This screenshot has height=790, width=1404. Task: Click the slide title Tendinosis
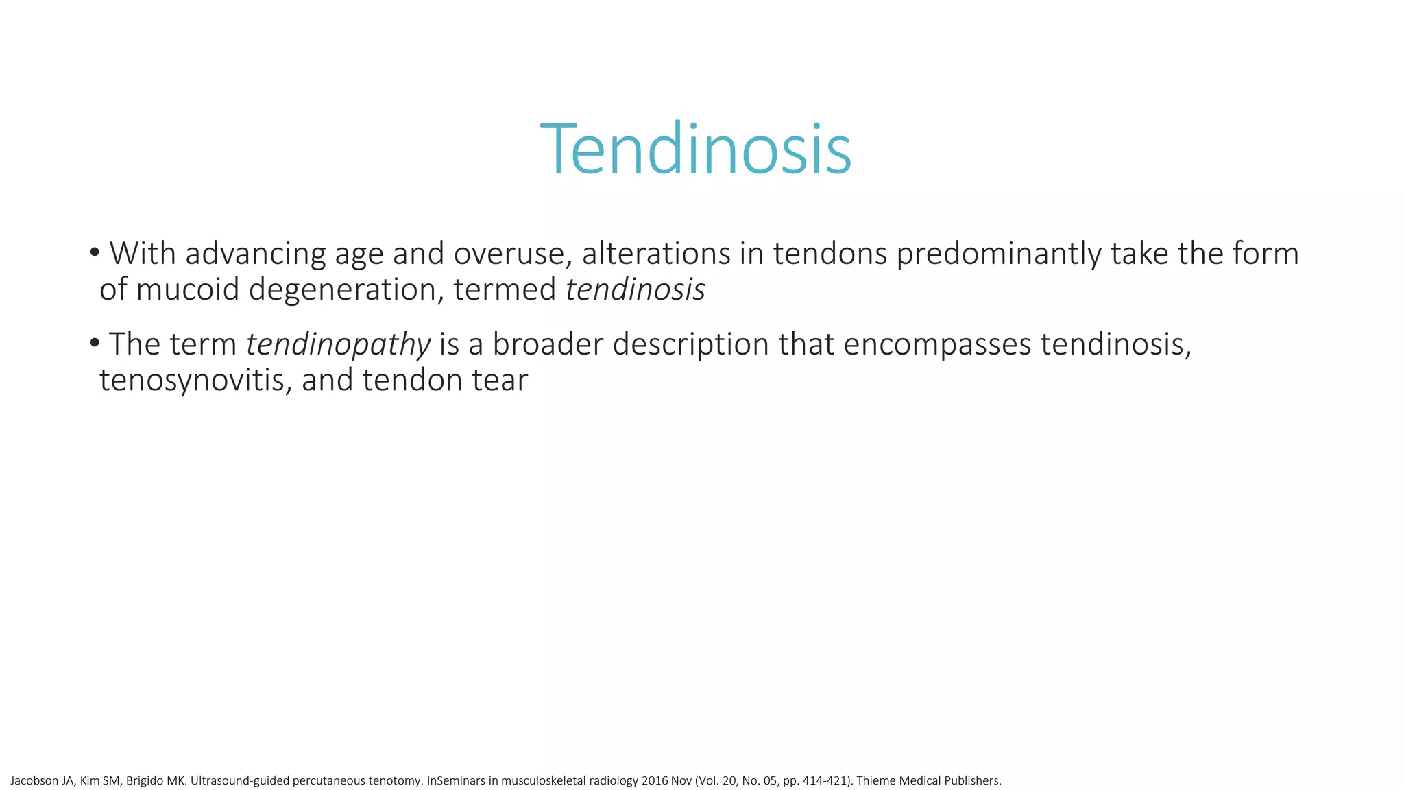pos(696,149)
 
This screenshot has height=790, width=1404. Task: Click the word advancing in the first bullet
pos(255,254)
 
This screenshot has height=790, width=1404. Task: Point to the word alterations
pos(656,254)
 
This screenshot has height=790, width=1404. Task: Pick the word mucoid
pos(187,289)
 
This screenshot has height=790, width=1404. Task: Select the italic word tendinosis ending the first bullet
pos(635,289)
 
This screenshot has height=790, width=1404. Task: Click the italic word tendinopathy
pos(338,344)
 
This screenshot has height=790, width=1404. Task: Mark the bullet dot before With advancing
pos(95,253)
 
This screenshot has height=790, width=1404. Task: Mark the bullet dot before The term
pos(95,343)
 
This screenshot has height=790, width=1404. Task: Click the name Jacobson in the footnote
pos(33,780)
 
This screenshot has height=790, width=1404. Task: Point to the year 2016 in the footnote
pos(654,780)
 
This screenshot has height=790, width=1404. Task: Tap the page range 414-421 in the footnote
pos(824,780)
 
